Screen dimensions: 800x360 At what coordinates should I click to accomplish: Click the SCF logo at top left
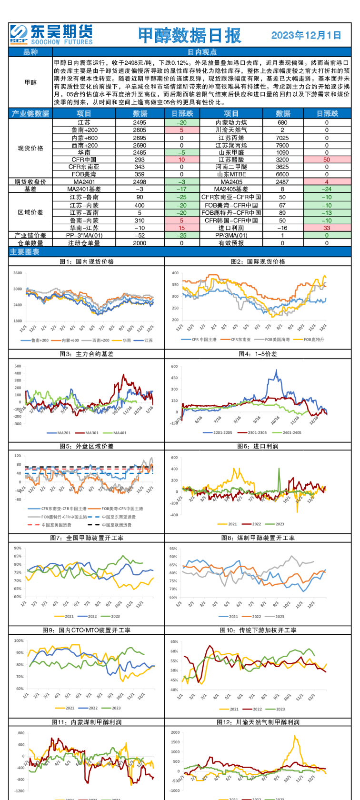coord(20,34)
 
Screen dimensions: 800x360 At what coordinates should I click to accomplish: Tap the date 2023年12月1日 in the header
coord(306,35)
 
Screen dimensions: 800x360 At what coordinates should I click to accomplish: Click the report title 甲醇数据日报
coord(190,35)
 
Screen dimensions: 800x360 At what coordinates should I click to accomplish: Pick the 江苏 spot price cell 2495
coord(140,122)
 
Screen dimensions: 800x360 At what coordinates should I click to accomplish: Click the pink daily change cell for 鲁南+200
coord(182,130)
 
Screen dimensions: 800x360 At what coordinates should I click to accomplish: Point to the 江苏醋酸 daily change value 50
coord(327,160)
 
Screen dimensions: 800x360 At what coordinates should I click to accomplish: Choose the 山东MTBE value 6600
coord(282,174)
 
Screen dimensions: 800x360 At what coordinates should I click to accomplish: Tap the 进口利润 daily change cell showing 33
coord(327,228)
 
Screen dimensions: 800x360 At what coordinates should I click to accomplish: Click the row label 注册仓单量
coord(84,243)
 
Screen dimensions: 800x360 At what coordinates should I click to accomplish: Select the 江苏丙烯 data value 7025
coord(282,138)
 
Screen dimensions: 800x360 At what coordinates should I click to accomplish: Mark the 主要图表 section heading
coord(25,252)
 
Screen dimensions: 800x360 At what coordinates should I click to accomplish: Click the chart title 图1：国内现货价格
coord(87,261)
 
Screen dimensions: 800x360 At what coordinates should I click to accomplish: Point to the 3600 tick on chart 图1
coord(18,273)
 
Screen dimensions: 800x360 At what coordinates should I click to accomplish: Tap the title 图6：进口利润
coord(258,446)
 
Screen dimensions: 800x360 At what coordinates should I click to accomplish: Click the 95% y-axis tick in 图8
coord(173,549)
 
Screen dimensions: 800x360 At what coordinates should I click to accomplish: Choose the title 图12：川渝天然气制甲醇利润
coord(258,722)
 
